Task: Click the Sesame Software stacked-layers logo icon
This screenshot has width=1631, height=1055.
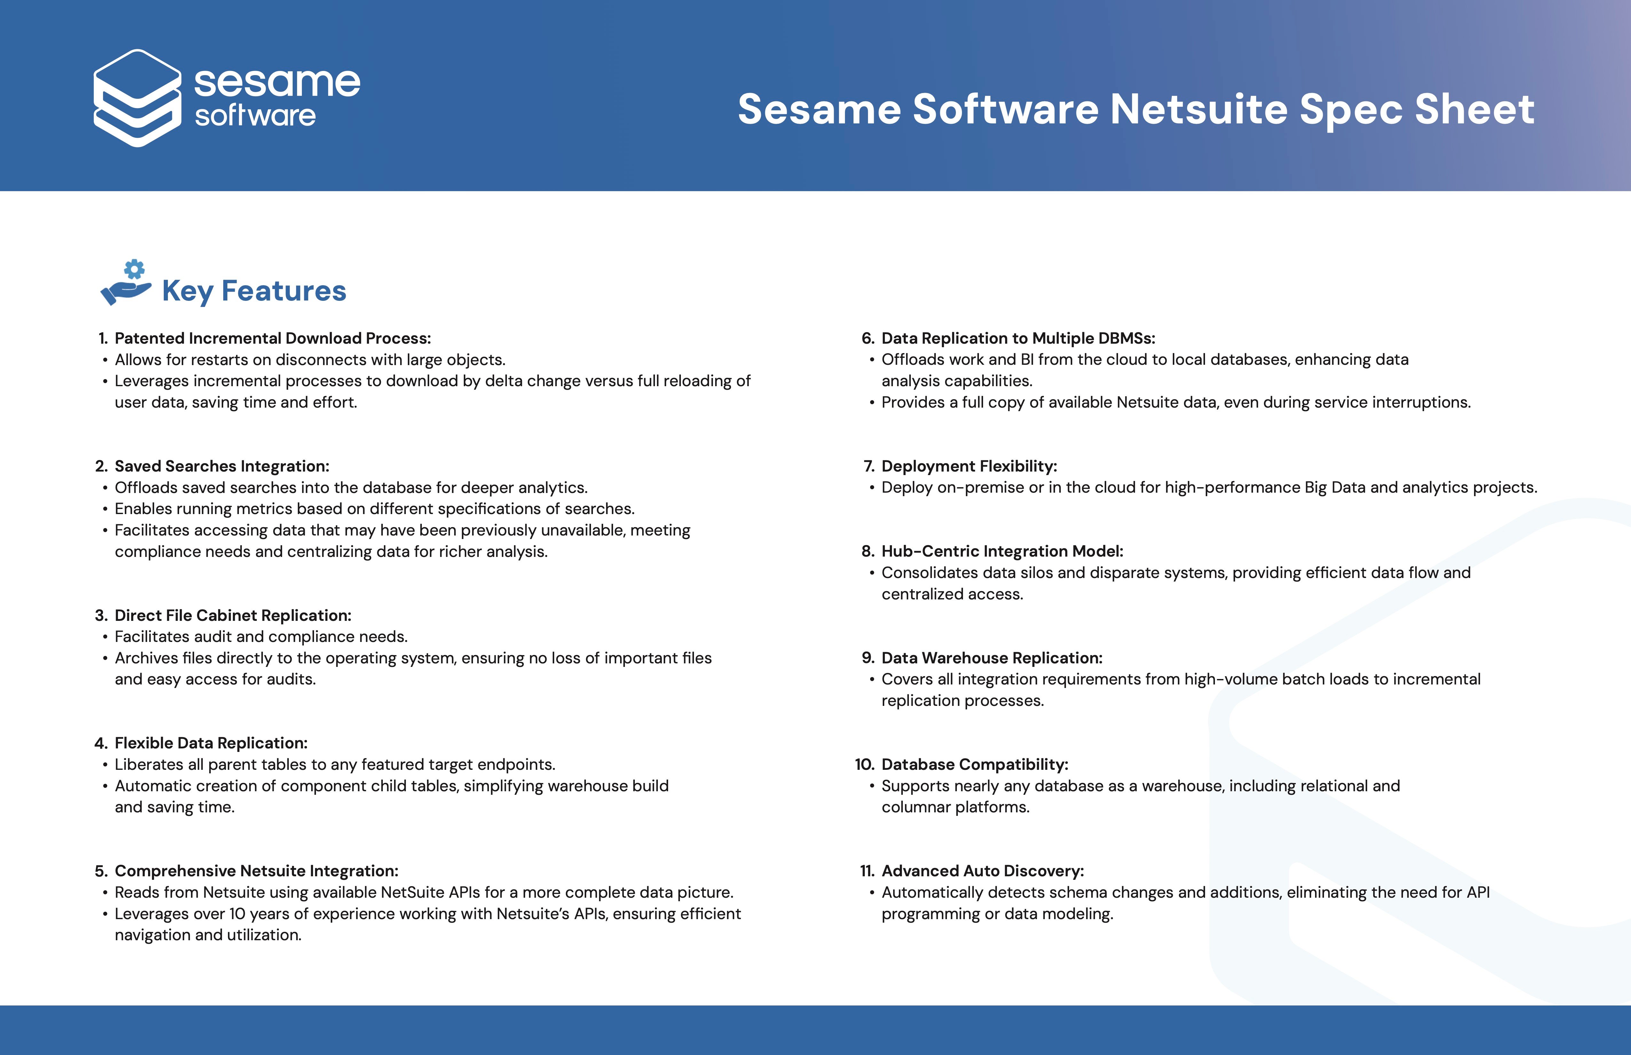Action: point(137,98)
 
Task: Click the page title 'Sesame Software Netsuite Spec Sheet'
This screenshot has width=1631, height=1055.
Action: point(1136,110)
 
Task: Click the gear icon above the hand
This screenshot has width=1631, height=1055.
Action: point(134,269)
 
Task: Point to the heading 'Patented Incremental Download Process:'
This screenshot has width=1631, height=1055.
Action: point(273,339)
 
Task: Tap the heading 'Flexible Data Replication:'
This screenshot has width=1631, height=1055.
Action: point(211,743)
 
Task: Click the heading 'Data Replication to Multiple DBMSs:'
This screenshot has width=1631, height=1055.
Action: point(1018,339)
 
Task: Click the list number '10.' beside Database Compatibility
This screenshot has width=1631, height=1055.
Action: point(865,764)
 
